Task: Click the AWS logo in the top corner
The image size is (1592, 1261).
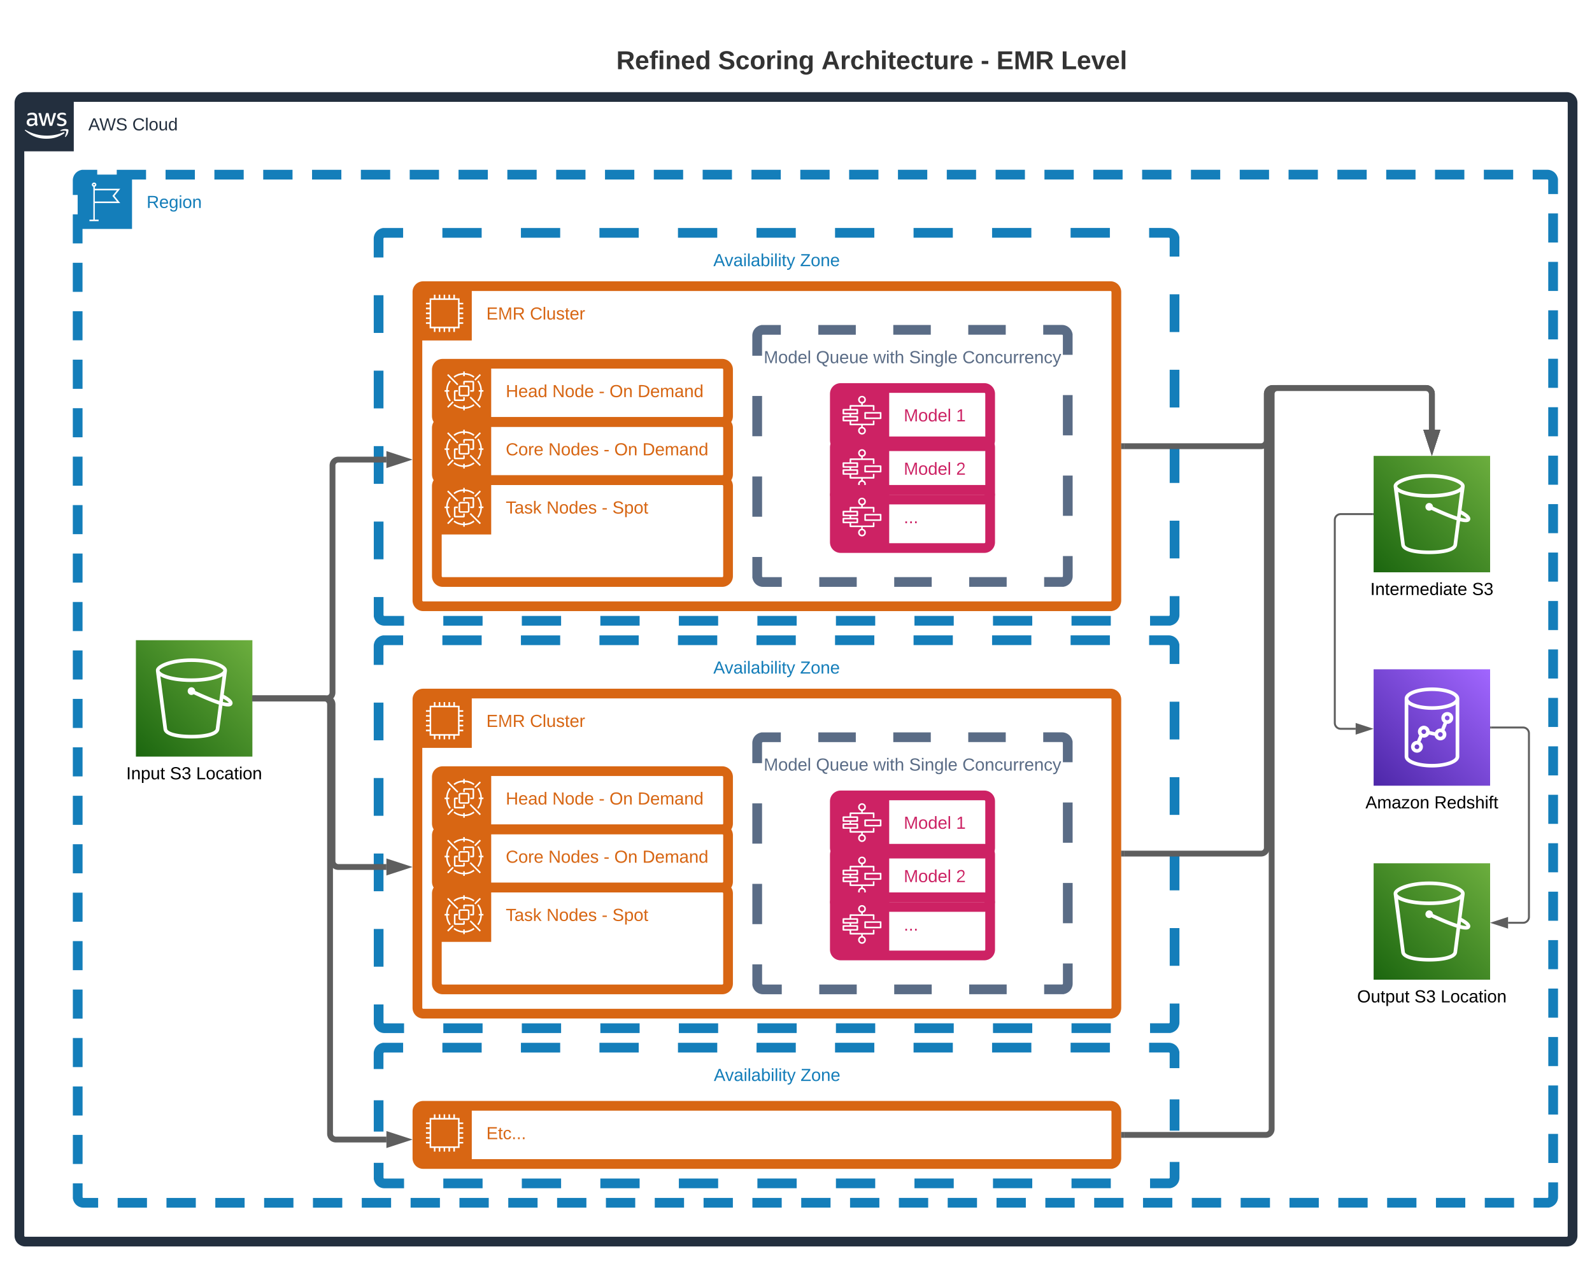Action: tap(46, 123)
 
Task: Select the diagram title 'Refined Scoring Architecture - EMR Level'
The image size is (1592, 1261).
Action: tap(871, 60)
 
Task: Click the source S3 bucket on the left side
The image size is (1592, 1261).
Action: tap(194, 698)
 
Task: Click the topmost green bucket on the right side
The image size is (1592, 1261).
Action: tap(1431, 514)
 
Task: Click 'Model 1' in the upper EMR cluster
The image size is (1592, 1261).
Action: tap(934, 416)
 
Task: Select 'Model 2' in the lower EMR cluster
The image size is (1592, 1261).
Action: tap(934, 877)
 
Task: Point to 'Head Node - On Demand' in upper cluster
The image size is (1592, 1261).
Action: tap(604, 391)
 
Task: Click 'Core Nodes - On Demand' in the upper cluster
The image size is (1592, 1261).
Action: tap(606, 449)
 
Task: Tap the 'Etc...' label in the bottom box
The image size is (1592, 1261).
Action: tap(506, 1133)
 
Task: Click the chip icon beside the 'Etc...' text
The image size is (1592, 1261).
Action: tap(444, 1133)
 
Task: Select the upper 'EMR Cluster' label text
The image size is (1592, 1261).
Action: tap(536, 314)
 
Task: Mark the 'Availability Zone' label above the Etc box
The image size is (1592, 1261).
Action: tap(776, 1075)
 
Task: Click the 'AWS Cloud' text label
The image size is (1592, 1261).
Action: tap(133, 124)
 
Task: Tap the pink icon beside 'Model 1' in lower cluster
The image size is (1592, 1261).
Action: tap(861, 822)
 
